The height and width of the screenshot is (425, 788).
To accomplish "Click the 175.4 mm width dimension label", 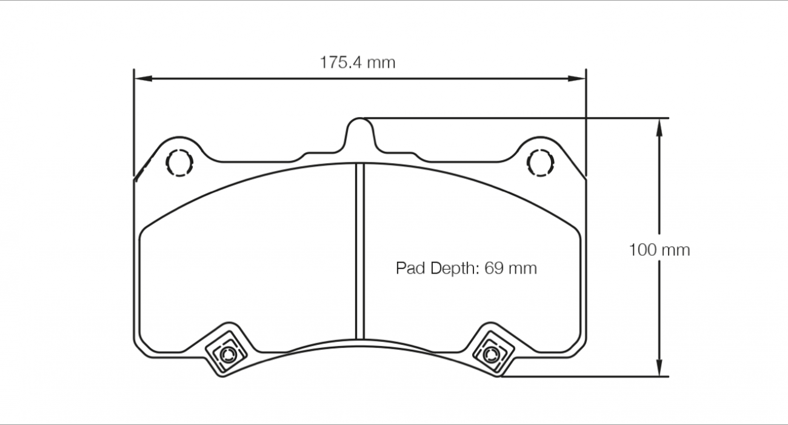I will click(358, 62).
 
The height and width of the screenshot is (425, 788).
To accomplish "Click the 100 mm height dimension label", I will click(659, 250).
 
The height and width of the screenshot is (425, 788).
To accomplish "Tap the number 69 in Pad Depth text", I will click(494, 268).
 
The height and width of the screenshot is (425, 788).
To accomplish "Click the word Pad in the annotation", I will click(410, 268).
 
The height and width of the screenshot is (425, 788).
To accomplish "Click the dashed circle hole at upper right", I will click(540, 162).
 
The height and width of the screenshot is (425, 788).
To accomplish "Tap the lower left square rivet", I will click(227, 353).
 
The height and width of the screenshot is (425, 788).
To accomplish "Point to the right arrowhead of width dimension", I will click(578, 78).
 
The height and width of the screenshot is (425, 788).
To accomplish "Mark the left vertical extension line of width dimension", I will click(133, 121).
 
